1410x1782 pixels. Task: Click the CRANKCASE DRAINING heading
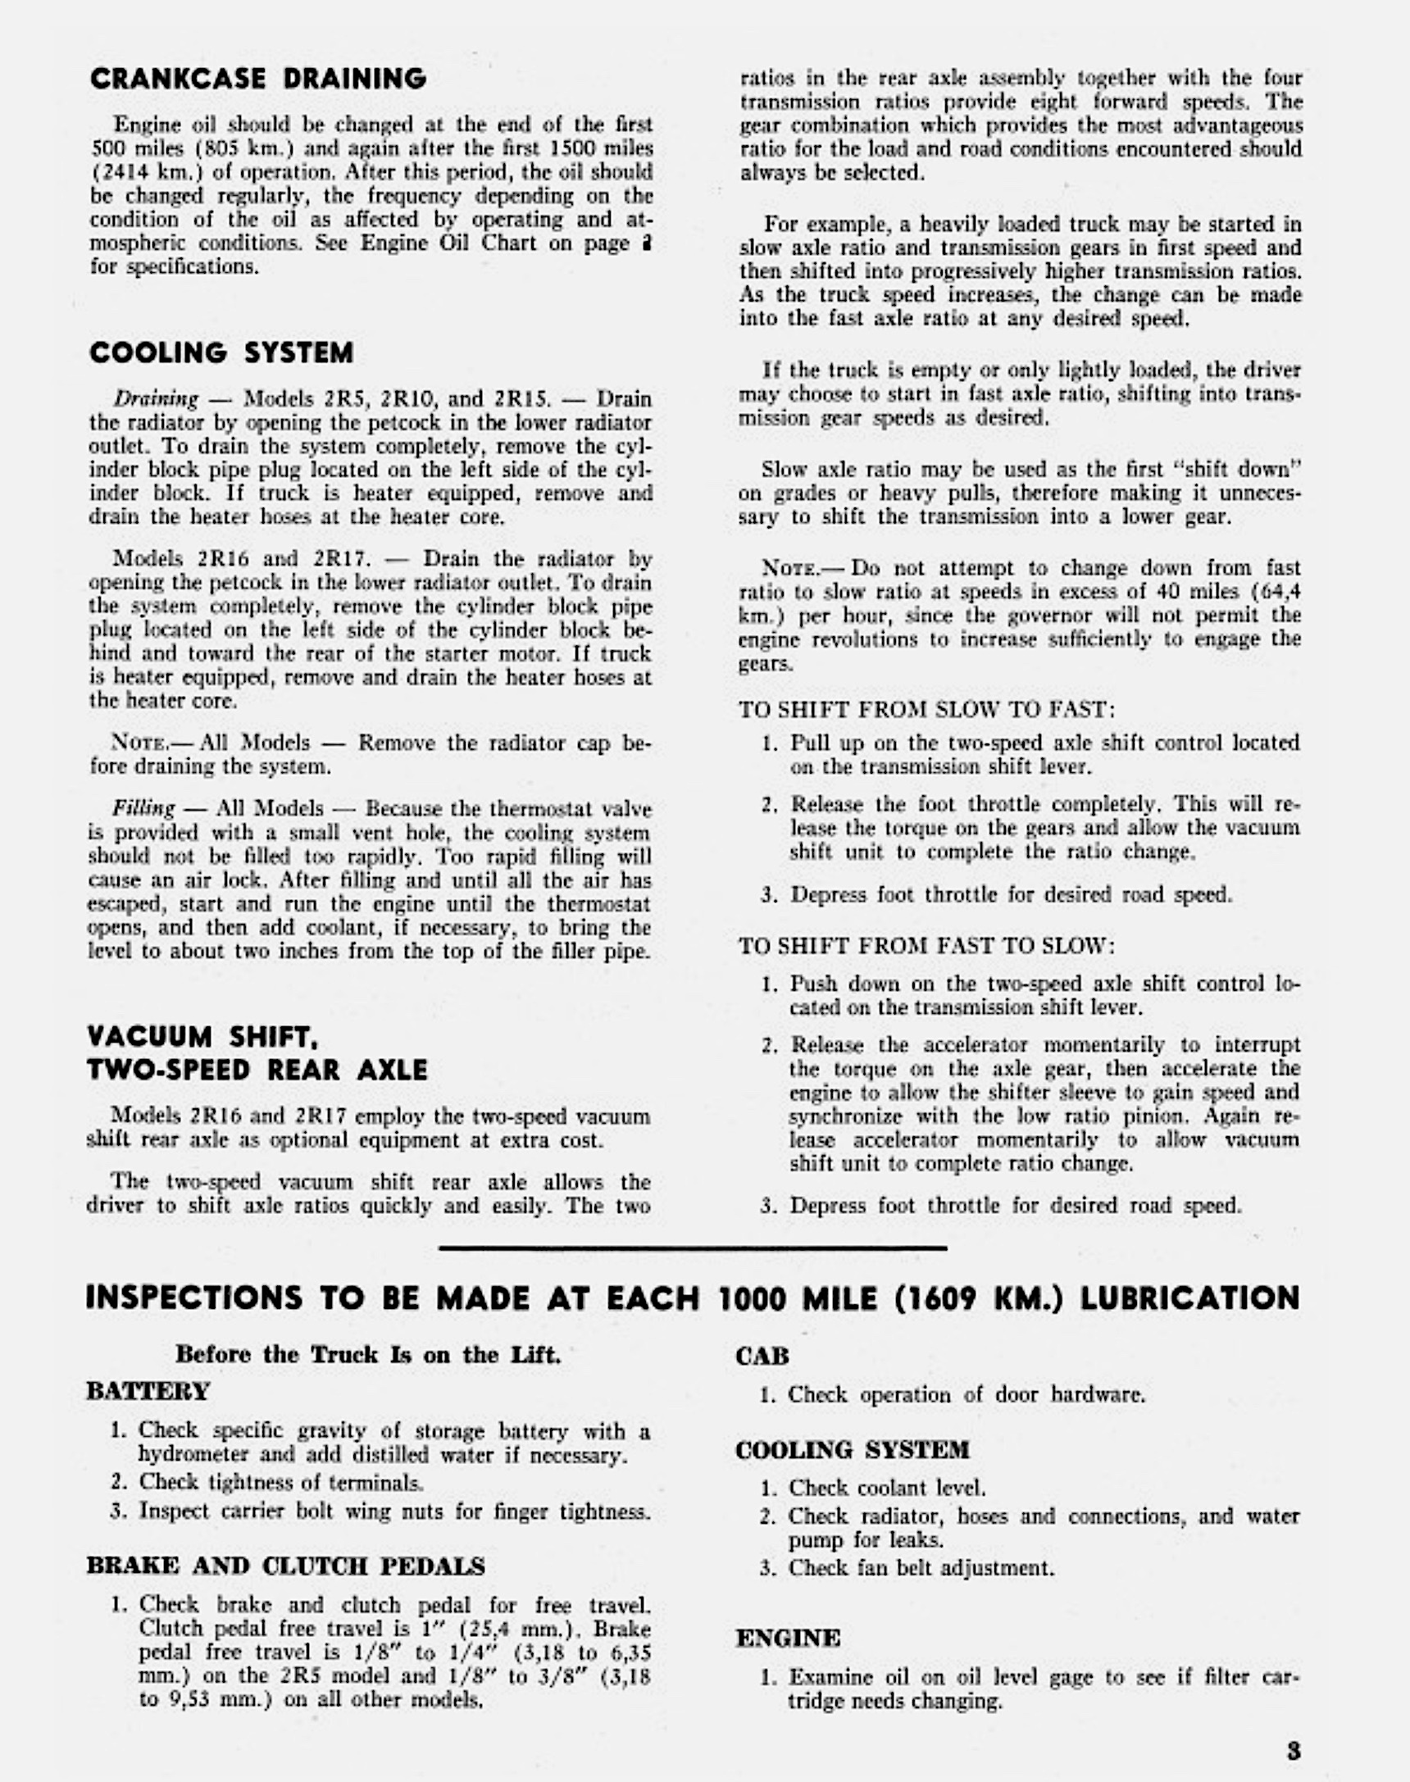257,80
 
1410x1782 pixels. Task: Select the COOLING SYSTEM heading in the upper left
221,353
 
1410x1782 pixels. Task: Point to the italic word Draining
156,399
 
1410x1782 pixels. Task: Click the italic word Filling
143,808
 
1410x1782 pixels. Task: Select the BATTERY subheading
148,1392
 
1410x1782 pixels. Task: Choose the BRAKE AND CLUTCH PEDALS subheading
285,1566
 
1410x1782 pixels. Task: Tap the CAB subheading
762,1356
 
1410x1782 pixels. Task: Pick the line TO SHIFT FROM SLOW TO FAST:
927,710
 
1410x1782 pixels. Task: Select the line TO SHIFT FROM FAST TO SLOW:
926,946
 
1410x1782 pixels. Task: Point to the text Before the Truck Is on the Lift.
368,1354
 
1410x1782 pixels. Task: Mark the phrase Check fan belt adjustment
921,1567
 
